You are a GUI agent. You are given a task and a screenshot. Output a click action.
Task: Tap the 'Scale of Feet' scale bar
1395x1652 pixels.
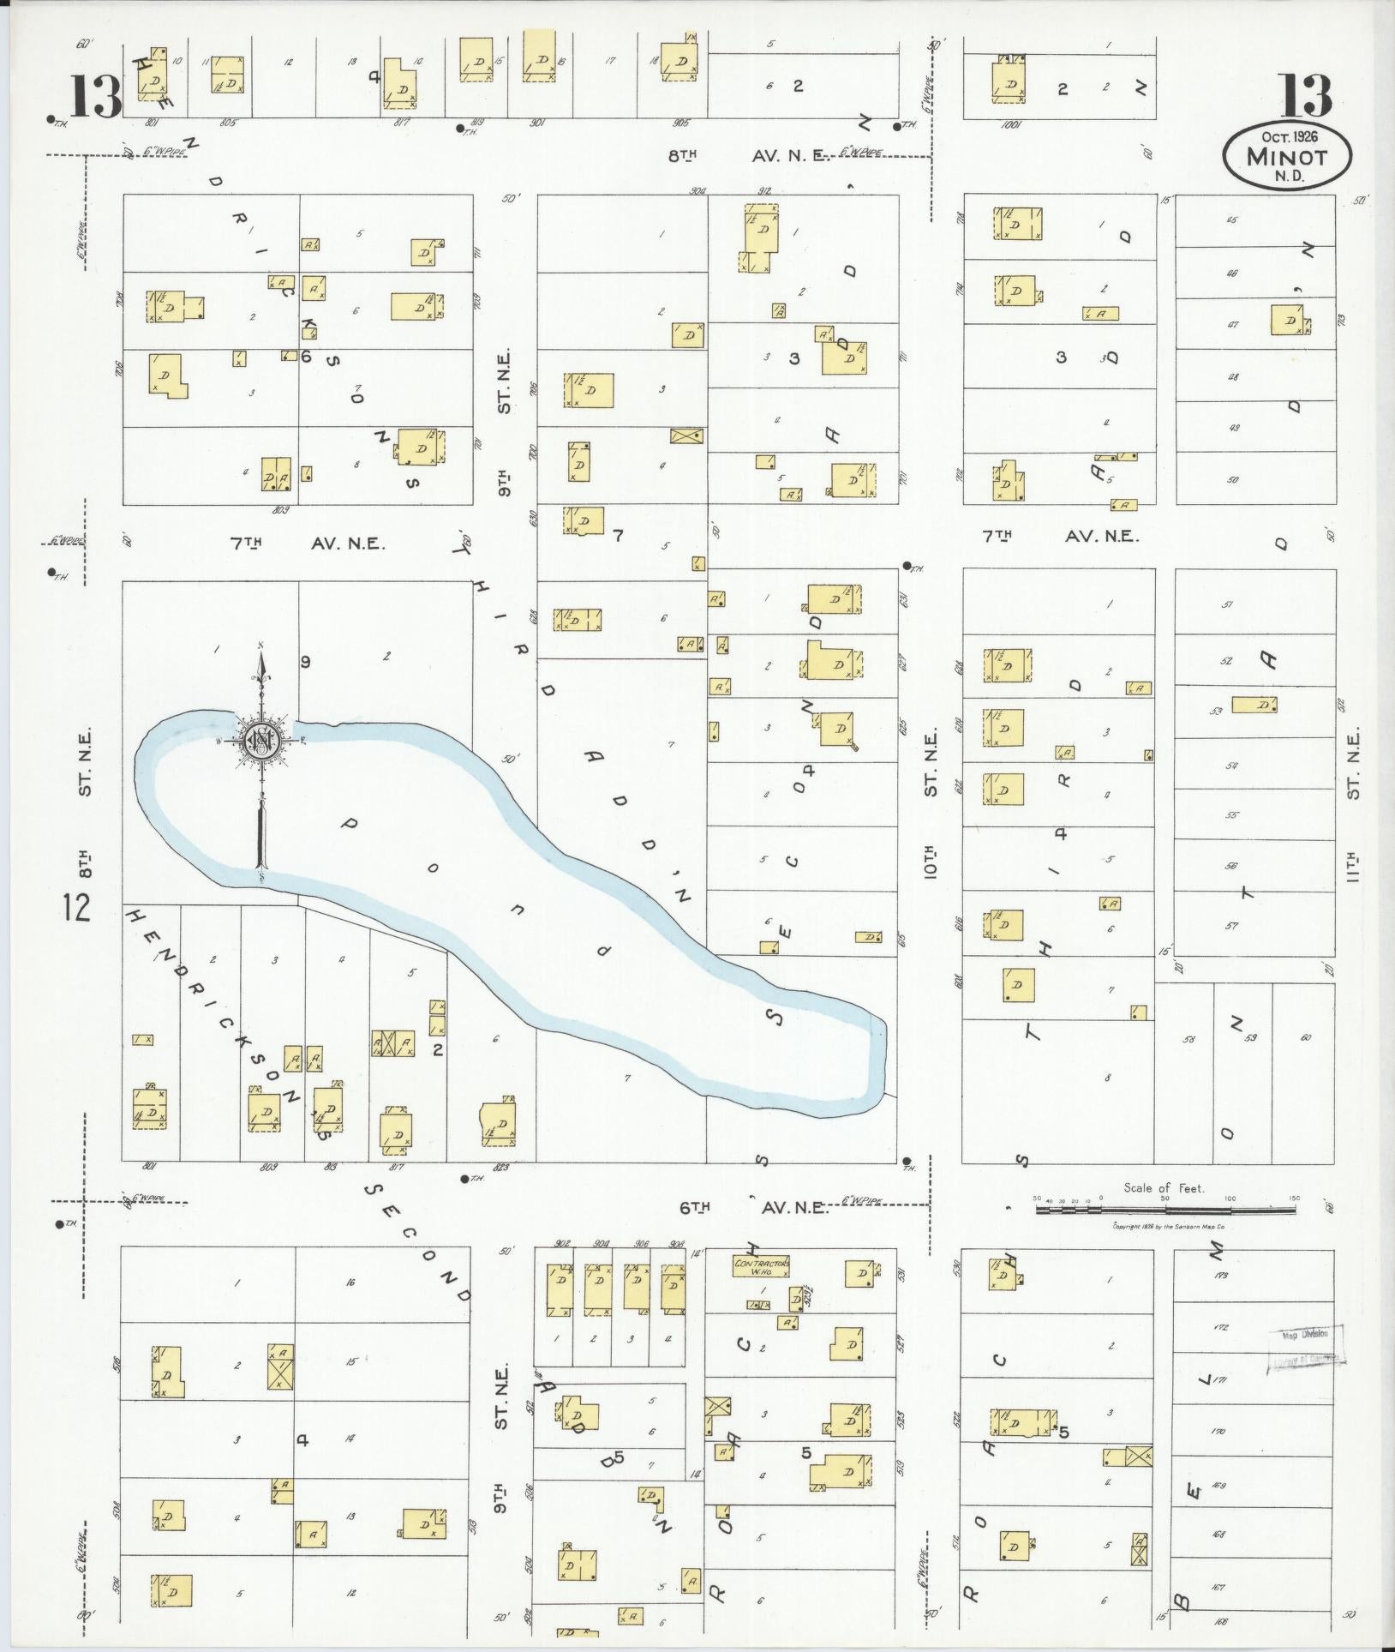(x=1165, y=1210)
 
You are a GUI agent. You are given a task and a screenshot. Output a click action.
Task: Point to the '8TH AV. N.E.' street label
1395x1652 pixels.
(x=746, y=156)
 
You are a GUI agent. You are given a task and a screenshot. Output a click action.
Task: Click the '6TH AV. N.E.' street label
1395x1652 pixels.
(x=754, y=1207)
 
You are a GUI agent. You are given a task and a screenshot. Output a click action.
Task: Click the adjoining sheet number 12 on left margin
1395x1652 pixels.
(x=76, y=907)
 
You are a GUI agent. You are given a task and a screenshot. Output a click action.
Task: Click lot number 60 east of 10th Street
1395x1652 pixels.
(x=1305, y=1038)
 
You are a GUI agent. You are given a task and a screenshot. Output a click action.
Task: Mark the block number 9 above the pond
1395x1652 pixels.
(x=304, y=661)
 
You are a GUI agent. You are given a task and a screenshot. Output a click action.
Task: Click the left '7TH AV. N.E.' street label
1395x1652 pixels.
(x=308, y=543)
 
